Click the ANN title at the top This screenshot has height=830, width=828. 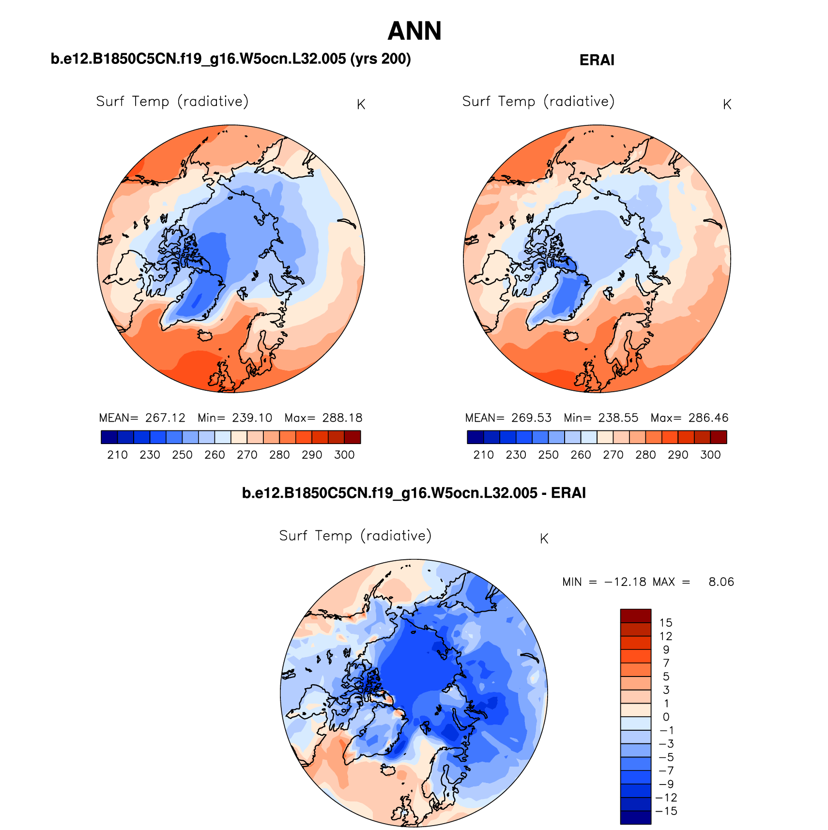pyautogui.click(x=414, y=31)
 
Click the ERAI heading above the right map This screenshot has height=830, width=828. pyautogui.click(x=597, y=60)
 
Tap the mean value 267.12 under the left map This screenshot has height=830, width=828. pyautogui.click(x=165, y=418)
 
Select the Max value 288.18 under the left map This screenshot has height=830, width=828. pyautogui.click(x=342, y=418)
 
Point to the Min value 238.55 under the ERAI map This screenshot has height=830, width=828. pyautogui.click(x=618, y=418)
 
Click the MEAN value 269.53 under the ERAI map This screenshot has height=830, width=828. pyautogui.click(x=531, y=418)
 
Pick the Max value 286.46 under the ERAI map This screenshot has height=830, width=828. pyautogui.click(x=708, y=418)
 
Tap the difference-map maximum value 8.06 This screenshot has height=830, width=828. pyautogui.click(x=721, y=582)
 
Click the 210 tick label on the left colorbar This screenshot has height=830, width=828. pyautogui.click(x=118, y=455)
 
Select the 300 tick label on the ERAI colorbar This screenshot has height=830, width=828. pyautogui.click(x=710, y=455)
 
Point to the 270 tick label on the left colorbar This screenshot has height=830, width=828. pyautogui.click(x=247, y=455)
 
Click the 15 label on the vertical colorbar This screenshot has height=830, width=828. pyautogui.click(x=666, y=623)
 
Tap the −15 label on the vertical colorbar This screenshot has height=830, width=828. pyautogui.click(x=666, y=811)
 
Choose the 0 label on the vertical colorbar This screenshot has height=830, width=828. pyautogui.click(x=666, y=717)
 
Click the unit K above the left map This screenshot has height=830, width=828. pyautogui.click(x=361, y=105)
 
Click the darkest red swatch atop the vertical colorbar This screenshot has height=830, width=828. pyautogui.click(x=635, y=616)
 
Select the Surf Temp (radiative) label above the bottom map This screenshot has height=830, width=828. pyautogui.click(x=355, y=536)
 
